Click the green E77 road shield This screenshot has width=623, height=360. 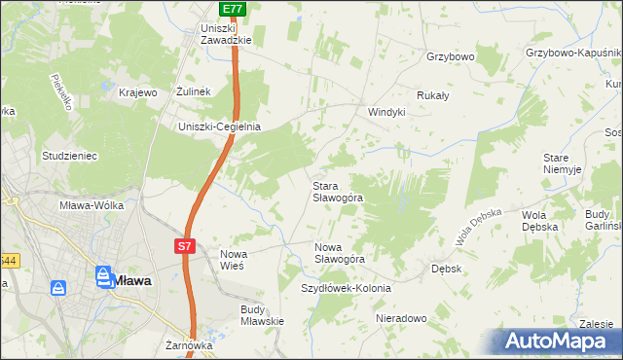(232, 9)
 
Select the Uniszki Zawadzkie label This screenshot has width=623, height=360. (225, 34)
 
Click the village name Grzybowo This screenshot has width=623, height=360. (450, 57)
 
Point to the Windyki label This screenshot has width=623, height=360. (385, 112)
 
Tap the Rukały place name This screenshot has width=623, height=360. (432, 95)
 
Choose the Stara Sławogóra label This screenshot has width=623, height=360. (337, 191)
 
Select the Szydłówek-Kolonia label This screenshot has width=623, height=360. (346, 288)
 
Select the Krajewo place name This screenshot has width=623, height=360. (138, 92)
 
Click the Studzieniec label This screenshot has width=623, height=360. (69, 155)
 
